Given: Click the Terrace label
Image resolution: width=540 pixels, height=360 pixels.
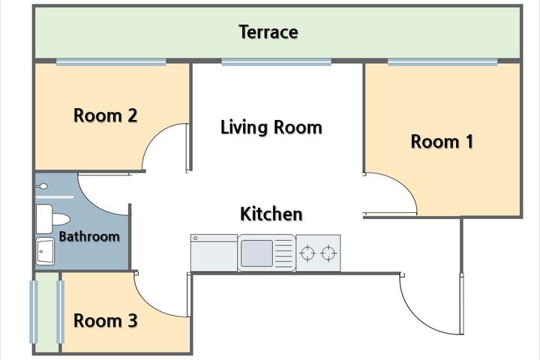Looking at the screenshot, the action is point(268,32).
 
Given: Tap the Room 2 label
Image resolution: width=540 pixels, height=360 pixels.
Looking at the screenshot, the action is point(106,115).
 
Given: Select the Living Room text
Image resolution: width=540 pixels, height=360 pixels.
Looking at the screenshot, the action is point(271,127).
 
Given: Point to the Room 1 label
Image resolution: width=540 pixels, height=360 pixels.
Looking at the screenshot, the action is point(442,142).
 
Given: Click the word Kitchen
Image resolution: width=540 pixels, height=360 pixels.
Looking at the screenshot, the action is point(271,214).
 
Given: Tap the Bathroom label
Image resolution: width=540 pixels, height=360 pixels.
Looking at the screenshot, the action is point(89,237).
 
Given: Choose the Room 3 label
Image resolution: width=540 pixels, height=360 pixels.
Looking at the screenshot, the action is point(106,321).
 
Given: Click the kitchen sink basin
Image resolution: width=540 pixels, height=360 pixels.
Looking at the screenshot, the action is point(256,253).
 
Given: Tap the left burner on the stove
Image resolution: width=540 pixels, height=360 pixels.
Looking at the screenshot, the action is point(307,253).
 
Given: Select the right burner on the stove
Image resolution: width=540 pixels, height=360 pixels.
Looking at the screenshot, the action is point(328,253).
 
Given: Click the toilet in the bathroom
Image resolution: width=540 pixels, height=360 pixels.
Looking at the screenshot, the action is point(52,219).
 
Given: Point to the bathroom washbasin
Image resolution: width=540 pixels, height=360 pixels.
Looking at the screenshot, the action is point(45,251).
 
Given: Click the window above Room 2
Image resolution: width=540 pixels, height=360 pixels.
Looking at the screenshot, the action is point(111,62).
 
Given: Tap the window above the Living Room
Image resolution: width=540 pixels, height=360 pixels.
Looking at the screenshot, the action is point(276,62).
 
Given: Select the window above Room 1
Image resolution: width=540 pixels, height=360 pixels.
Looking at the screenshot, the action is point(442,62).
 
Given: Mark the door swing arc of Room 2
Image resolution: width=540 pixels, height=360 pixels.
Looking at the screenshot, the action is point(154,136).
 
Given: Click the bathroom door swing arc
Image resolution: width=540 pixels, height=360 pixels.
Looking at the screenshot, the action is point(93,203).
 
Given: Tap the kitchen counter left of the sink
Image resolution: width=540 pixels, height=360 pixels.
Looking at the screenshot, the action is point(214,253).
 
